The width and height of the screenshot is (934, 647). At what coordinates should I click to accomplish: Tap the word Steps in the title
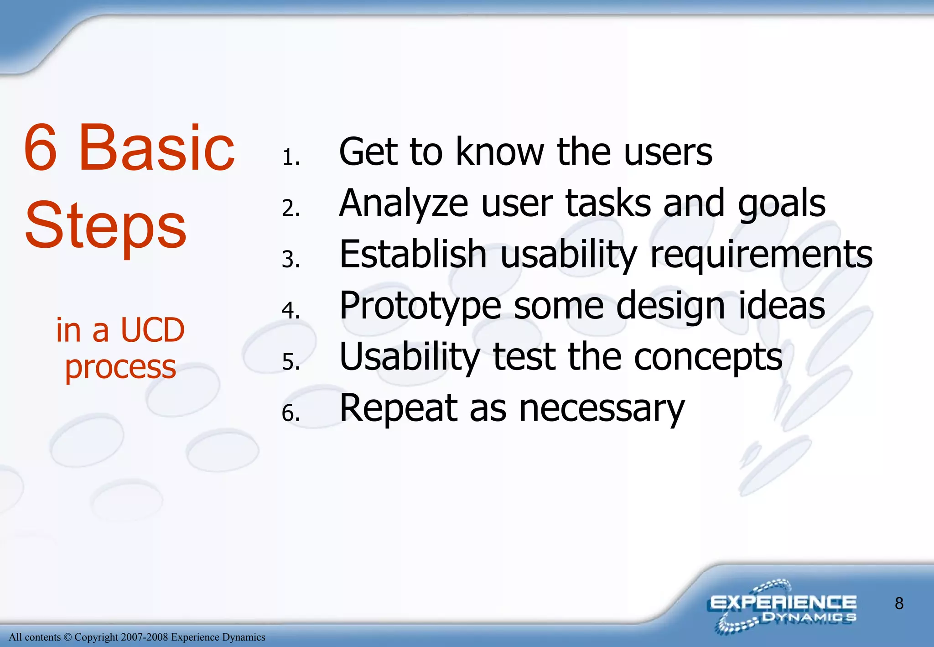105,226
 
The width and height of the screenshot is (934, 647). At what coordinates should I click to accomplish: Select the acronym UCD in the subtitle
152,330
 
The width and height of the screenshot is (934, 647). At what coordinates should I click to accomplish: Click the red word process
120,367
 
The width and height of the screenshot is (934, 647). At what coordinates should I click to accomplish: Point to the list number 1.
290,157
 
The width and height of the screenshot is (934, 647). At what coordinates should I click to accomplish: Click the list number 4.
290,310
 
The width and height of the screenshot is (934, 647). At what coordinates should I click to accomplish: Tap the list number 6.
290,413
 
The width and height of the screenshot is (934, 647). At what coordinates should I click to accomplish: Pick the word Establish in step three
413,254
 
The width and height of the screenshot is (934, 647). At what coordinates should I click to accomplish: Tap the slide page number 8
899,603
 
